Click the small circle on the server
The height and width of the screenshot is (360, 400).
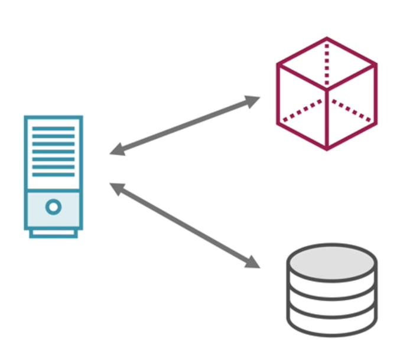[x=53, y=207]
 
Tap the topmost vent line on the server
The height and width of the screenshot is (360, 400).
[x=53, y=128]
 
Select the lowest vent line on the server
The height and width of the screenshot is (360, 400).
[x=53, y=174]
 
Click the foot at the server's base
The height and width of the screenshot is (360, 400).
[x=53, y=234]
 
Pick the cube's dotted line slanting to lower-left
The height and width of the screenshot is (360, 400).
[x=303, y=111]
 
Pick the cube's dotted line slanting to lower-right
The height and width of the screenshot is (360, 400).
[x=351, y=111]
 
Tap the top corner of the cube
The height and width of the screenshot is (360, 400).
[x=327, y=39]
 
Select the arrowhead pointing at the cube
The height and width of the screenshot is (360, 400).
[x=253, y=100]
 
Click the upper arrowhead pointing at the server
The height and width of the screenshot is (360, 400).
[x=117, y=150]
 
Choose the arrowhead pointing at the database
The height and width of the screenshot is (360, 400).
[x=253, y=261]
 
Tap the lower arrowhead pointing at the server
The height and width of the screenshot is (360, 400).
[x=117, y=188]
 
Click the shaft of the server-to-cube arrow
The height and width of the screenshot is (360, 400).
[x=185, y=125]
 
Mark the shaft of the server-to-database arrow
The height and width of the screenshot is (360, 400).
[x=185, y=224]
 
